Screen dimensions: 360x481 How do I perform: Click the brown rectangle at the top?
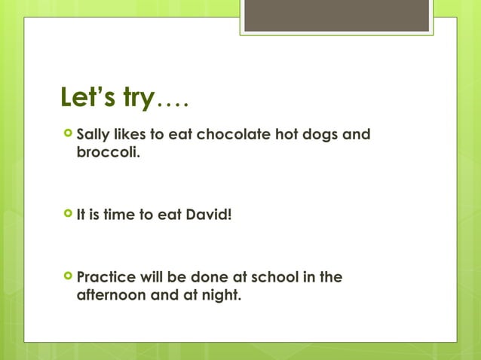point(337,16)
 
